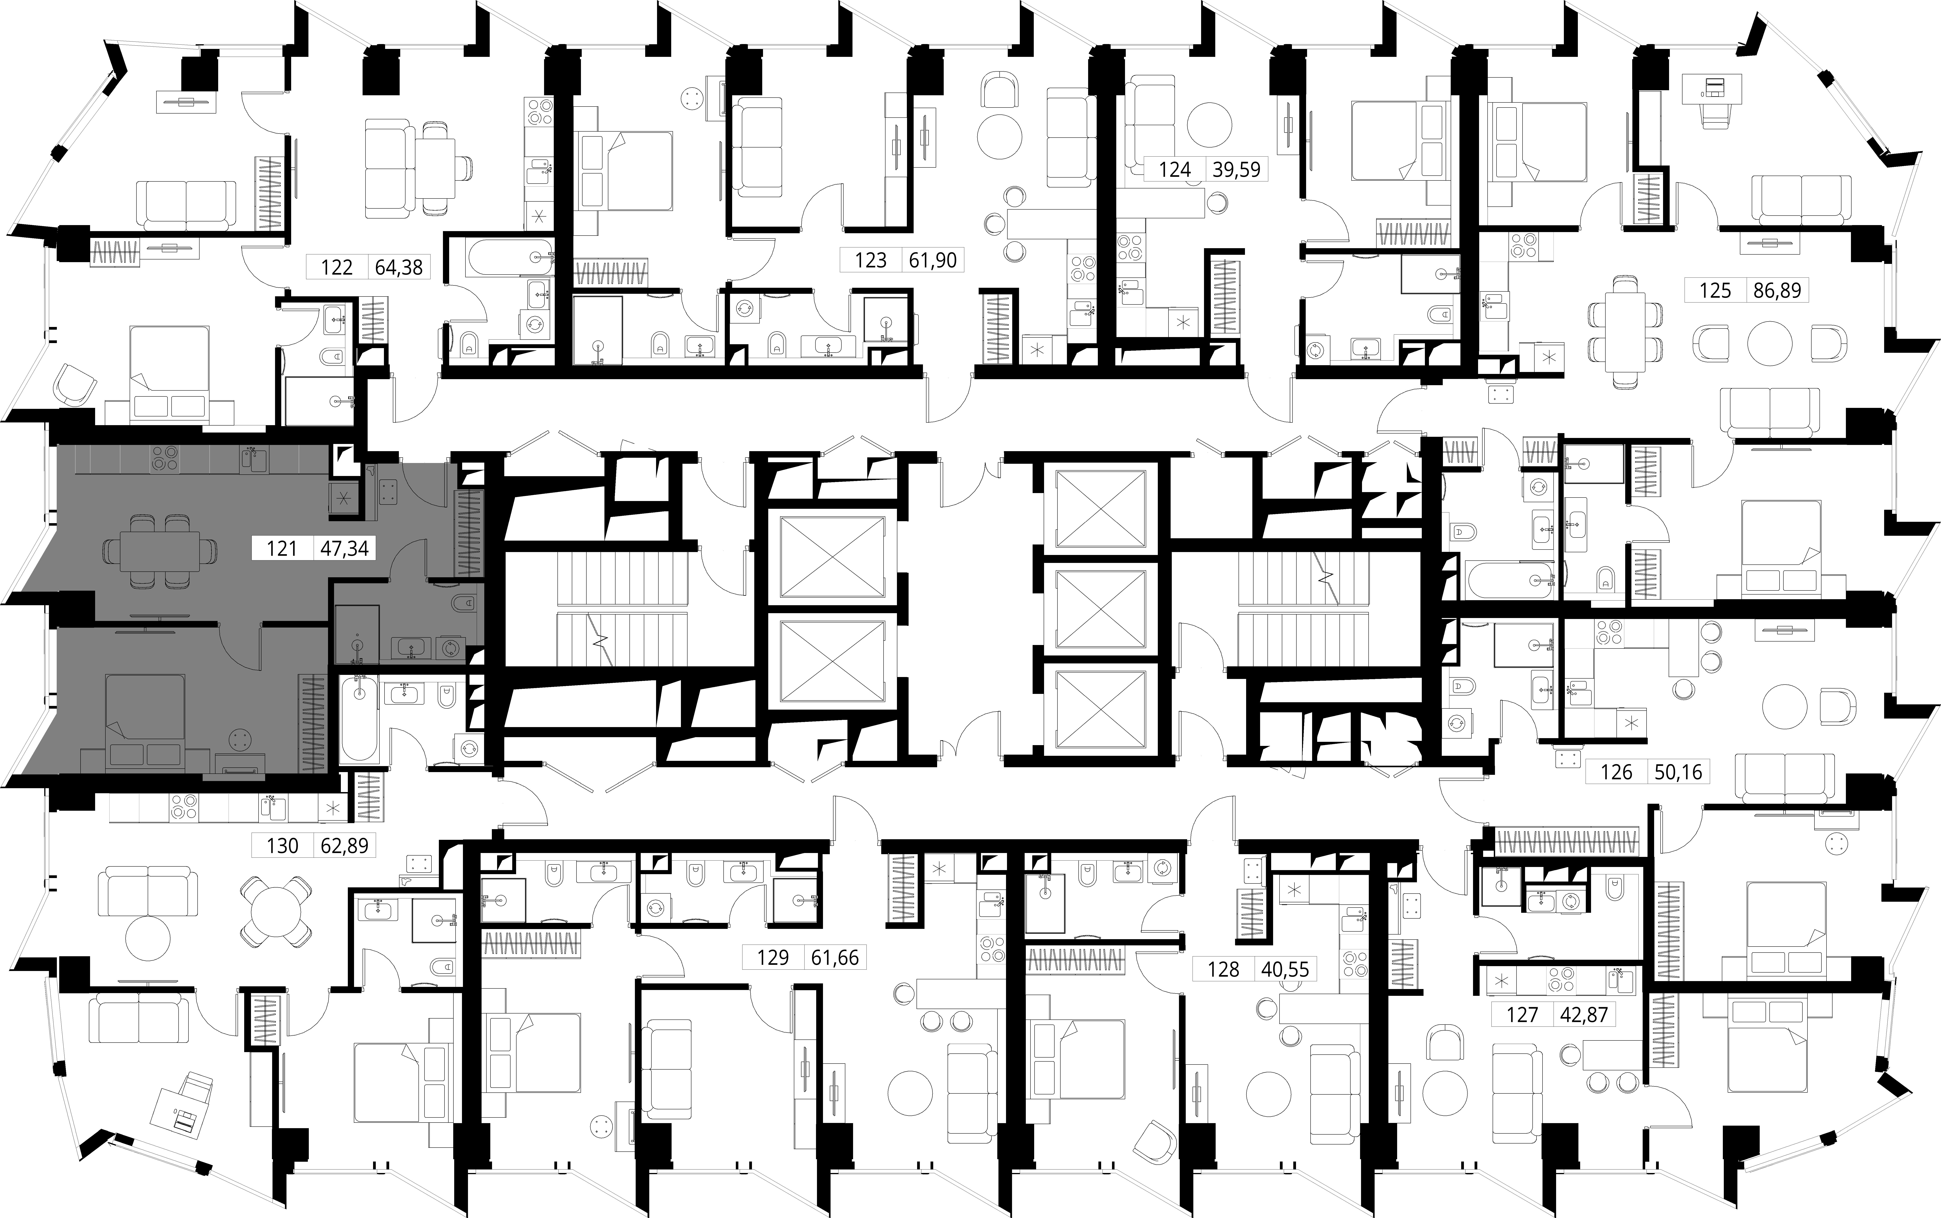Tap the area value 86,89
[x=1777, y=290]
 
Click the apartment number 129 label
[x=773, y=958]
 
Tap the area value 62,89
[x=344, y=846]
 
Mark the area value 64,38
[x=399, y=267]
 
